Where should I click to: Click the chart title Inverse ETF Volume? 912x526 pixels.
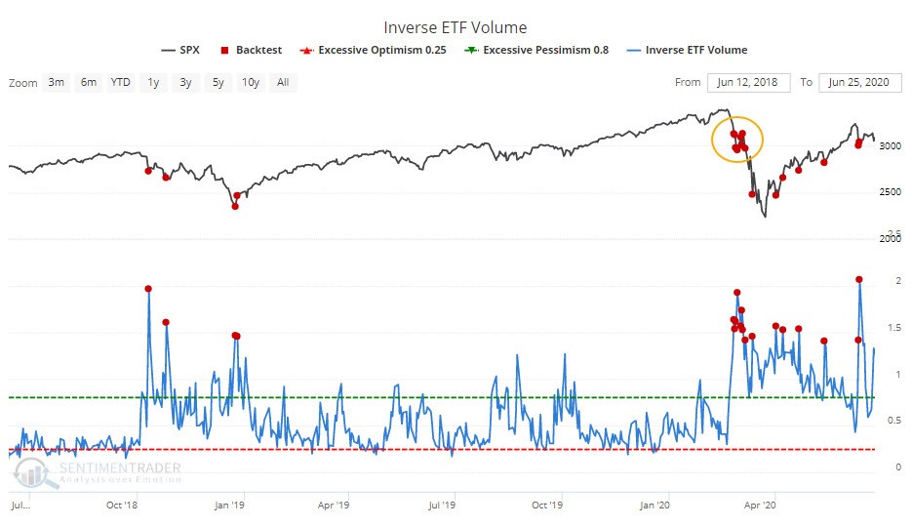(455, 27)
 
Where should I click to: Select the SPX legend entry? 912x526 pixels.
(180, 50)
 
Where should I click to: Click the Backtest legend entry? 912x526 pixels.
(252, 50)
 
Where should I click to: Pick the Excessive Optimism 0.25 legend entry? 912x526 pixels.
(373, 50)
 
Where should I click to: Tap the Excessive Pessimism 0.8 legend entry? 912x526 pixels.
(536, 50)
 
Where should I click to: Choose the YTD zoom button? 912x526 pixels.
(120, 82)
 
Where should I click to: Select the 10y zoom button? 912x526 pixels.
(251, 82)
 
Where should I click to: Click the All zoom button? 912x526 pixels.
(283, 82)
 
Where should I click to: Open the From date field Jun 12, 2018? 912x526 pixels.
(748, 83)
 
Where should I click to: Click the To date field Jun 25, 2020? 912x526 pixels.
(859, 83)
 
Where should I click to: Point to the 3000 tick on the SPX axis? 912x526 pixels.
(890, 146)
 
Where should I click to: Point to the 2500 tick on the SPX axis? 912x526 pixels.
(890, 192)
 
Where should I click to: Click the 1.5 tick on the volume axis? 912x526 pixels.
(894, 328)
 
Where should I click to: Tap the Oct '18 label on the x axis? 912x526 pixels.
(122, 506)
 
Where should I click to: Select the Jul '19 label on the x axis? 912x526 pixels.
(442, 506)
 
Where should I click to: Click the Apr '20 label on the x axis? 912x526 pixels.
(760, 506)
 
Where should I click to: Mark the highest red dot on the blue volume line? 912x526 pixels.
(859, 280)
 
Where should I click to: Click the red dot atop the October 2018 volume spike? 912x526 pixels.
(148, 289)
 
